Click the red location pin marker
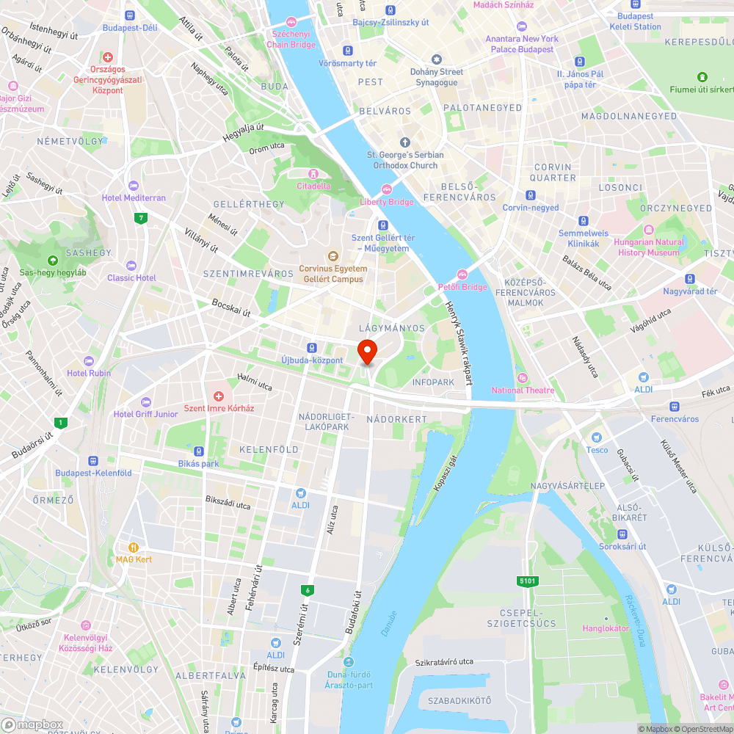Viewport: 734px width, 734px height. pos(366,350)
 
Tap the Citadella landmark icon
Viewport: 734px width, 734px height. pos(313,174)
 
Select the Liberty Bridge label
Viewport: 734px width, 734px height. pos(387,202)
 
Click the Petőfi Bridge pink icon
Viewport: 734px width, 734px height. pos(462,275)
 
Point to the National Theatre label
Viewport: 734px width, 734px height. pos(523,390)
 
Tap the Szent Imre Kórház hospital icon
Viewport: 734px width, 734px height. pos(219,396)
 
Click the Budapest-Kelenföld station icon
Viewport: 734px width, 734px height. pos(93,461)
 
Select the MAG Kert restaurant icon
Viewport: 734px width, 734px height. pos(134,547)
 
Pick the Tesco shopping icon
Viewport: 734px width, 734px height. pos(597,437)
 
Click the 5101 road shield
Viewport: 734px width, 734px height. pos(527,581)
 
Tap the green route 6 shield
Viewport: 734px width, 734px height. pos(306,590)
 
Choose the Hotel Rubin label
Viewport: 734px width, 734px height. pos(88,373)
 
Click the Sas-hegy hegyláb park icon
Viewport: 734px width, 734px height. pos(52,261)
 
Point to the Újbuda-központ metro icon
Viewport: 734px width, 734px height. pos(312,348)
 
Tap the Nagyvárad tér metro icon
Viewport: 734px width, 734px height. pos(690,279)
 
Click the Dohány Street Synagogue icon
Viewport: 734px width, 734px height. pos(437,59)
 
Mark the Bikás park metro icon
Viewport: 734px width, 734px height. pos(198,451)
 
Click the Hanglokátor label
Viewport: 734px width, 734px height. pos(606,628)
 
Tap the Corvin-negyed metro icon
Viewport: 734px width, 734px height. pos(530,195)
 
